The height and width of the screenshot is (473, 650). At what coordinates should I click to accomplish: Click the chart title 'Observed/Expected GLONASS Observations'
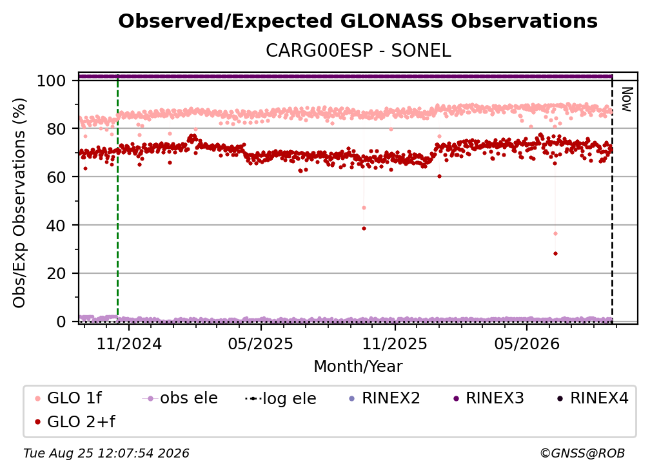[358, 21]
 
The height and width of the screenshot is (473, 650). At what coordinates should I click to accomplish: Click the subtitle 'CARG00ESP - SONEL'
[358, 50]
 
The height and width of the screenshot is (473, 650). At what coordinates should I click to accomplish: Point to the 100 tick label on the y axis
[52, 81]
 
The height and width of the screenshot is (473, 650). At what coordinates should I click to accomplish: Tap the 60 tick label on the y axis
[56, 177]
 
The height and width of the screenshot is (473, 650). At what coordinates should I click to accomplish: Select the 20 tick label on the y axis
[56, 273]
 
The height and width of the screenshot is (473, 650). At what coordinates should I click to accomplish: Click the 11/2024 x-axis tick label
[129, 343]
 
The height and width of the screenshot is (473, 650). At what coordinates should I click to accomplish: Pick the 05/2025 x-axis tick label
[261, 343]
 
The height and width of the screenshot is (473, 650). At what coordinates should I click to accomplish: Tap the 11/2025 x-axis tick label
[395, 343]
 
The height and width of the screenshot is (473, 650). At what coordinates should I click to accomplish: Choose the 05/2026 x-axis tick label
[527, 343]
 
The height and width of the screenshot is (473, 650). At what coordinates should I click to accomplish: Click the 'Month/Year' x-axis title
[358, 366]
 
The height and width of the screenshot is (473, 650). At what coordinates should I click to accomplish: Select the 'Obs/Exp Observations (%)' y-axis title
[19, 203]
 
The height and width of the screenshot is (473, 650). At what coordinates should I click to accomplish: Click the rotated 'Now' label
[626, 99]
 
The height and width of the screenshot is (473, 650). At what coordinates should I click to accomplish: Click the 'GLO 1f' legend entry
[69, 398]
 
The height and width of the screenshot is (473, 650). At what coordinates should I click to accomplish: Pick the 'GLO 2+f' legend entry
[75, 421]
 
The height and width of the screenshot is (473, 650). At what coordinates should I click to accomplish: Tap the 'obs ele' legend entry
[180, 398]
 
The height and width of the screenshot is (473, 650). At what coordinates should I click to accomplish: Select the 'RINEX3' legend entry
[489, 398]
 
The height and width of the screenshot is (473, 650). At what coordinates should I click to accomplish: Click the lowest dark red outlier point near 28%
[555, 253]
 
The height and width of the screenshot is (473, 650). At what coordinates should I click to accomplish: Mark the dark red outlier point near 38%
[364, 228]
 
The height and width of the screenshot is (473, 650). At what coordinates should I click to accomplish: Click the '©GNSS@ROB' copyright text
[582, 454]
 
